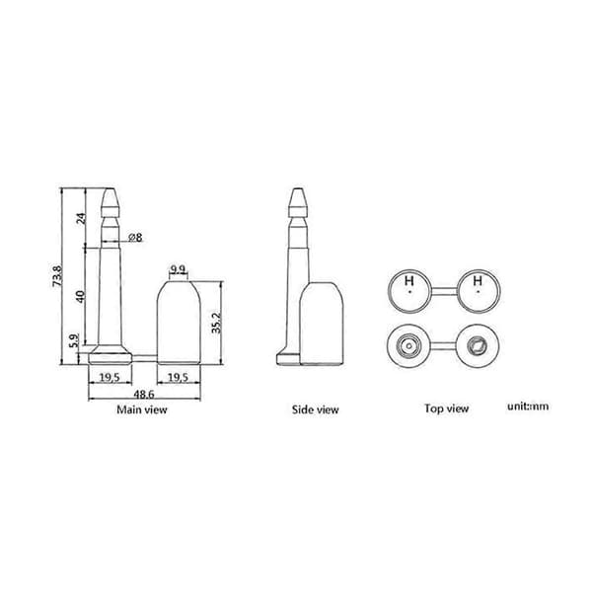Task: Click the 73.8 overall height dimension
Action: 57,276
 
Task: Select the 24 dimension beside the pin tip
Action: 82,218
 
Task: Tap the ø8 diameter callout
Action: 135,238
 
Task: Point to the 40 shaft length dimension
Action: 81,296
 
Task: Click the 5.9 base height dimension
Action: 75,340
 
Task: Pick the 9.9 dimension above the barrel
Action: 178,269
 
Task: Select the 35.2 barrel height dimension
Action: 217,323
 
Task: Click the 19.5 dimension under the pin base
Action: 110,377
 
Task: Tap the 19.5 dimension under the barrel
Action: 178,377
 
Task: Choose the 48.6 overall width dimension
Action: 144,394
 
